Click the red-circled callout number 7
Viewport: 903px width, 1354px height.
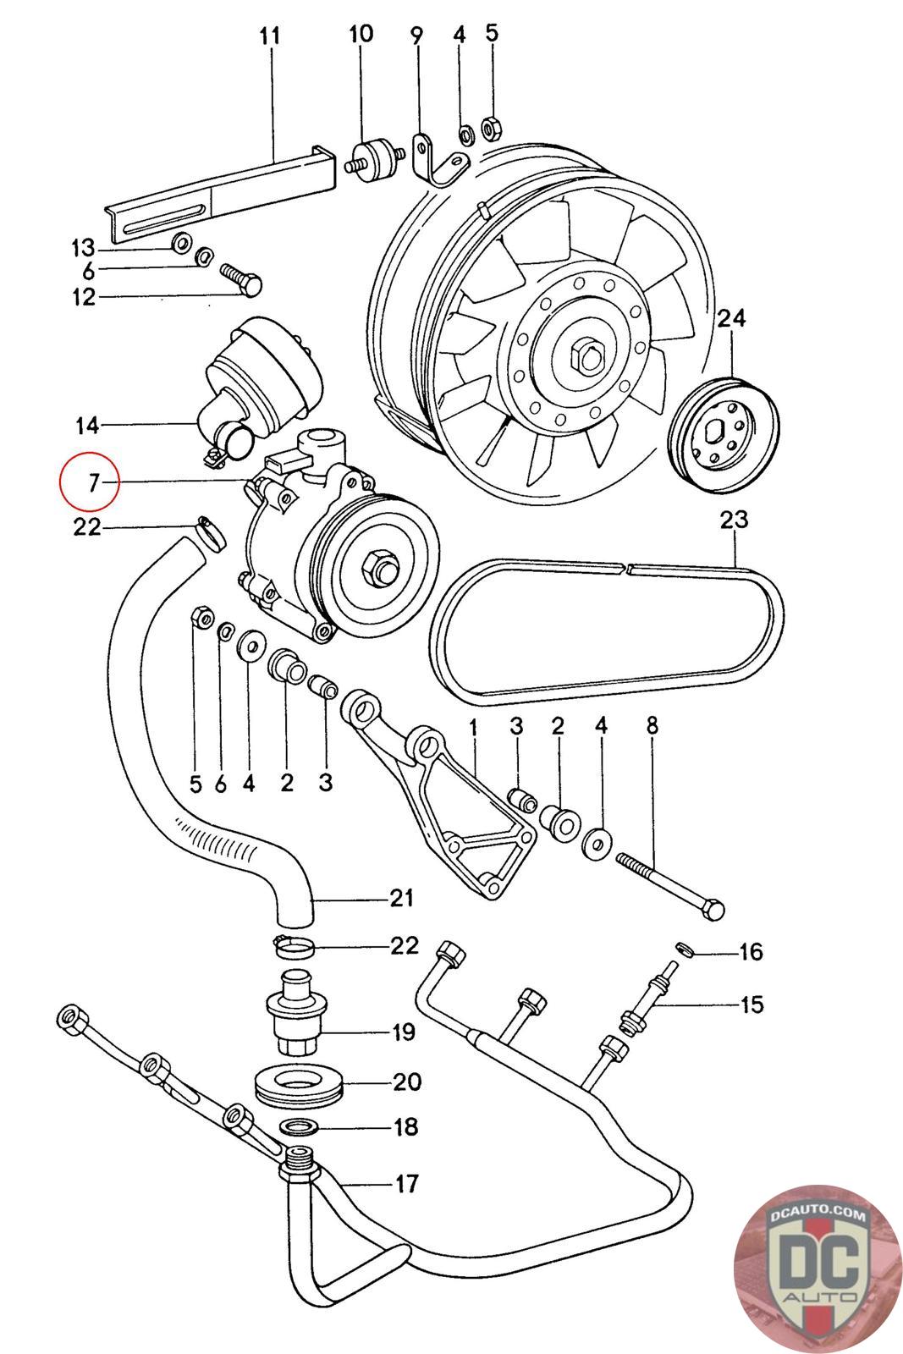[x=93, y=482]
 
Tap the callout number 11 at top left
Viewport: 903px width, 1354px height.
[x=269, y=36]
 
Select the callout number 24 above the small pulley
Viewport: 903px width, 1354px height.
[x=732, y=318]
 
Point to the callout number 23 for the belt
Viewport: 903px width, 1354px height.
[x=734, y=519]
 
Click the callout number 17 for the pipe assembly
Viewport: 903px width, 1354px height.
[x=407, y=1182]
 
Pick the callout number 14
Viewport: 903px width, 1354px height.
[x=87, y=424]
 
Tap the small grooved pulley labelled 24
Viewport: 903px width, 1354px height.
[x=724, y=432]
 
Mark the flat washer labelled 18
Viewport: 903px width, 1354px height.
[x=298, y=1126]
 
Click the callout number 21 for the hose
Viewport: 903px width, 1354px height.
[x=400, y=897]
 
